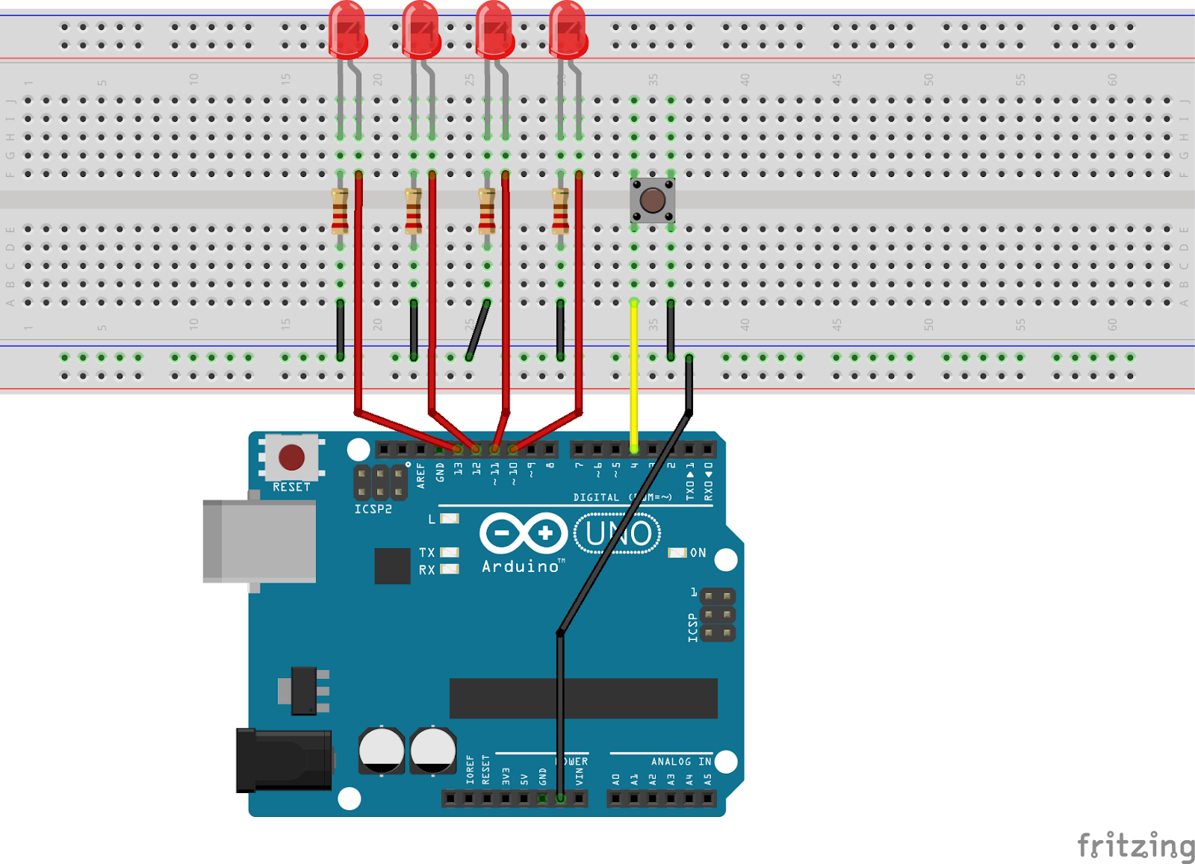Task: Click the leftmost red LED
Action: pos(347,30)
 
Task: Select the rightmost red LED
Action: pos(568,30)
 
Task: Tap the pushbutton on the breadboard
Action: pos(652,200)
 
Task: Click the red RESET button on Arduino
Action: pos(291,457)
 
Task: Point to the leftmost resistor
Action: pos(340,211)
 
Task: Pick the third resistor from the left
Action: pos(487,211)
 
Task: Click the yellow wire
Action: pos(634,373)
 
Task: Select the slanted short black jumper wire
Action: pos(478,330)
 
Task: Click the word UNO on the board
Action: pos(618,533)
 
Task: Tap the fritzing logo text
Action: pos(1135,846)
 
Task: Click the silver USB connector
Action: pos(260,541)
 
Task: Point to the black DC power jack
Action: pos(284,760)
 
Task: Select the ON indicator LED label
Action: pos(698,553)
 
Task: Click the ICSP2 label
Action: pos(373,509)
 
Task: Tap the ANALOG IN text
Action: pos(680,762)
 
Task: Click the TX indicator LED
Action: pos(450,553)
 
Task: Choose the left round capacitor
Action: pos(382,750)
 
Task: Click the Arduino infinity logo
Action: pos(524,533)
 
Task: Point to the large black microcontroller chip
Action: pos(583,698)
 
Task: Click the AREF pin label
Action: pos(421,476)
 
